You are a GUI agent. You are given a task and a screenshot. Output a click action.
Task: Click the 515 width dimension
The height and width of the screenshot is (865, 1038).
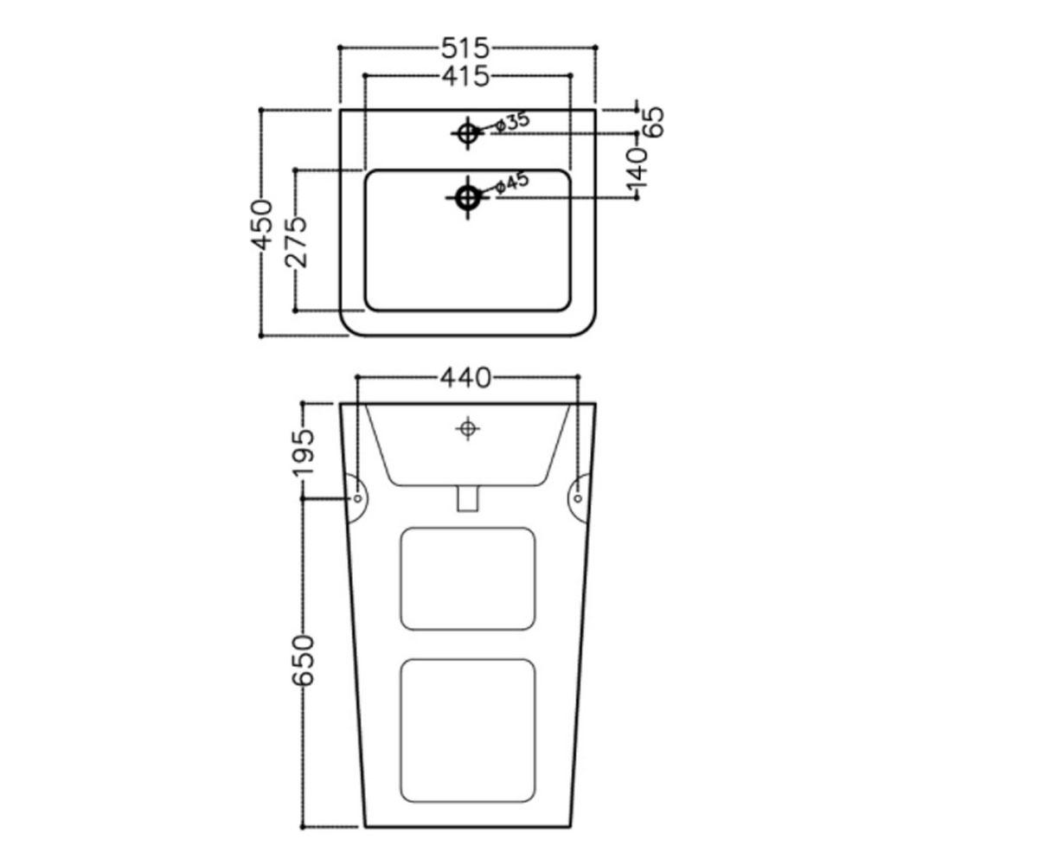point(465,48)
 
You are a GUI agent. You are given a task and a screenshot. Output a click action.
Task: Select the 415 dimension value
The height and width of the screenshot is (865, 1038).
point(465,77)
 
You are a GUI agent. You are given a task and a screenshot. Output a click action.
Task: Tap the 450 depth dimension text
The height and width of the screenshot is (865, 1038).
point(262,224)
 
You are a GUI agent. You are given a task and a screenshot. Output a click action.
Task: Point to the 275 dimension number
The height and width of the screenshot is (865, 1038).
point(297,242)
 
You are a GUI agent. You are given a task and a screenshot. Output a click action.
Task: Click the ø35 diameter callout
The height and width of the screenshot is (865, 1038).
point(513,122)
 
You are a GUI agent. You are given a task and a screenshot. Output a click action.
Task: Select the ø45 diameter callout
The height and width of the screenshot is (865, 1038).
point(513,183)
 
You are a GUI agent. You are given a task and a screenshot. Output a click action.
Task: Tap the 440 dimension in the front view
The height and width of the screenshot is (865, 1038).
point(465,378)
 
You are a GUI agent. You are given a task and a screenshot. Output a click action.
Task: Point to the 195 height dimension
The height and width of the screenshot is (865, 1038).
point(304,452)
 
